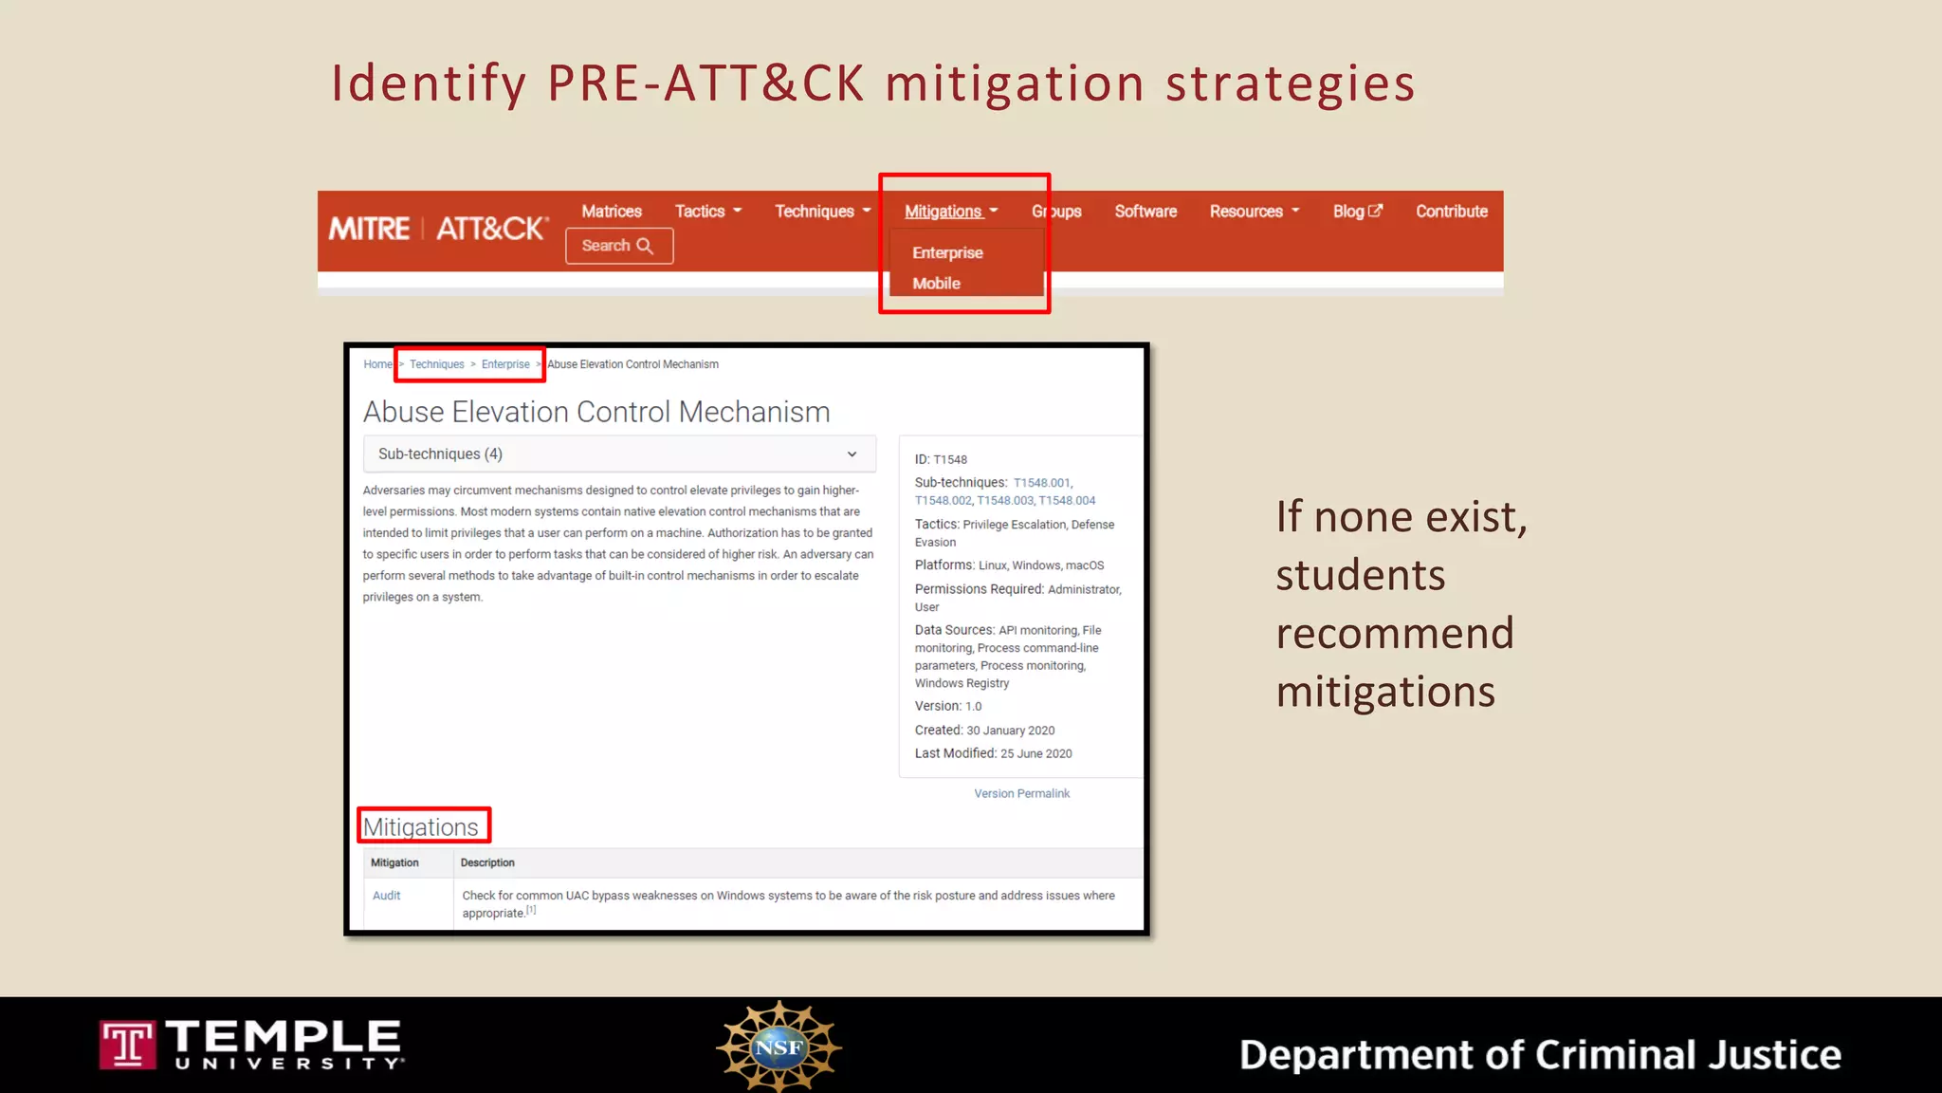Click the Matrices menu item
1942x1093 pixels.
[612, 212]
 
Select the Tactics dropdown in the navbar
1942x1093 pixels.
[707, 212]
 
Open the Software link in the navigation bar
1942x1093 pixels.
[1145, 212]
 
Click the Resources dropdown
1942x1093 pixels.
[1254, 212]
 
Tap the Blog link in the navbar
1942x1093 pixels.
[1357, 212]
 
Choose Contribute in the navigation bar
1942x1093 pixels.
[1451, 212]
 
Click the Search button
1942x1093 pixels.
[619, 246]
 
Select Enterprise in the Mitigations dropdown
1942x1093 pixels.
[947, 253]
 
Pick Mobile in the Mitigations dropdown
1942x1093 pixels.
[936, 284]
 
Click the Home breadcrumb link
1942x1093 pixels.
[376, 364]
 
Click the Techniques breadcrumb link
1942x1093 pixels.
[436, 364]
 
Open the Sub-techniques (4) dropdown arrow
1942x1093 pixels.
[852, 454]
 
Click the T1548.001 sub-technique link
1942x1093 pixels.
[1041, 483]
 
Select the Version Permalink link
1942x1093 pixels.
[1021, 794]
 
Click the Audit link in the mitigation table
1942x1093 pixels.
[386, 896]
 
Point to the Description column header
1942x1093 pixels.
[487, 863]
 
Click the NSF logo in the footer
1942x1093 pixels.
[779, 1047]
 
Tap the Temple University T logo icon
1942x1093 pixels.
[127, 1045]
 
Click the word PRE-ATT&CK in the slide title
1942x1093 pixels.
[705, 83]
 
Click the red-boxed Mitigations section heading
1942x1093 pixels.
[421, 827]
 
